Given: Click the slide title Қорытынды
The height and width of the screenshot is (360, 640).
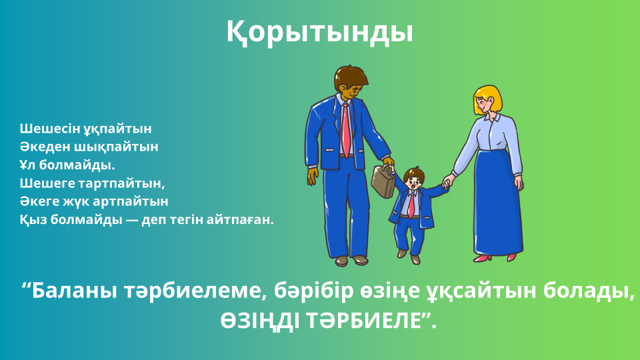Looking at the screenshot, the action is click(319, 32).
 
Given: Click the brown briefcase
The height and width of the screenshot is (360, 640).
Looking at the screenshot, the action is click(383, 181).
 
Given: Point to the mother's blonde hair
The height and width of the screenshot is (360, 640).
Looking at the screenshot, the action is click(489, 98).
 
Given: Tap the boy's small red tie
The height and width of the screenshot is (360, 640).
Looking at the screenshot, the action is click(411, 205).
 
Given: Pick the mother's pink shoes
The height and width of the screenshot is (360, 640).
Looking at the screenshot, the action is click(495, 258).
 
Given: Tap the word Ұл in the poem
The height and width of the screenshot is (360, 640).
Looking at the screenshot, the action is click(28, 165).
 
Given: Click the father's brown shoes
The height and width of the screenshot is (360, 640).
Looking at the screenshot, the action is click(351, 261).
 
